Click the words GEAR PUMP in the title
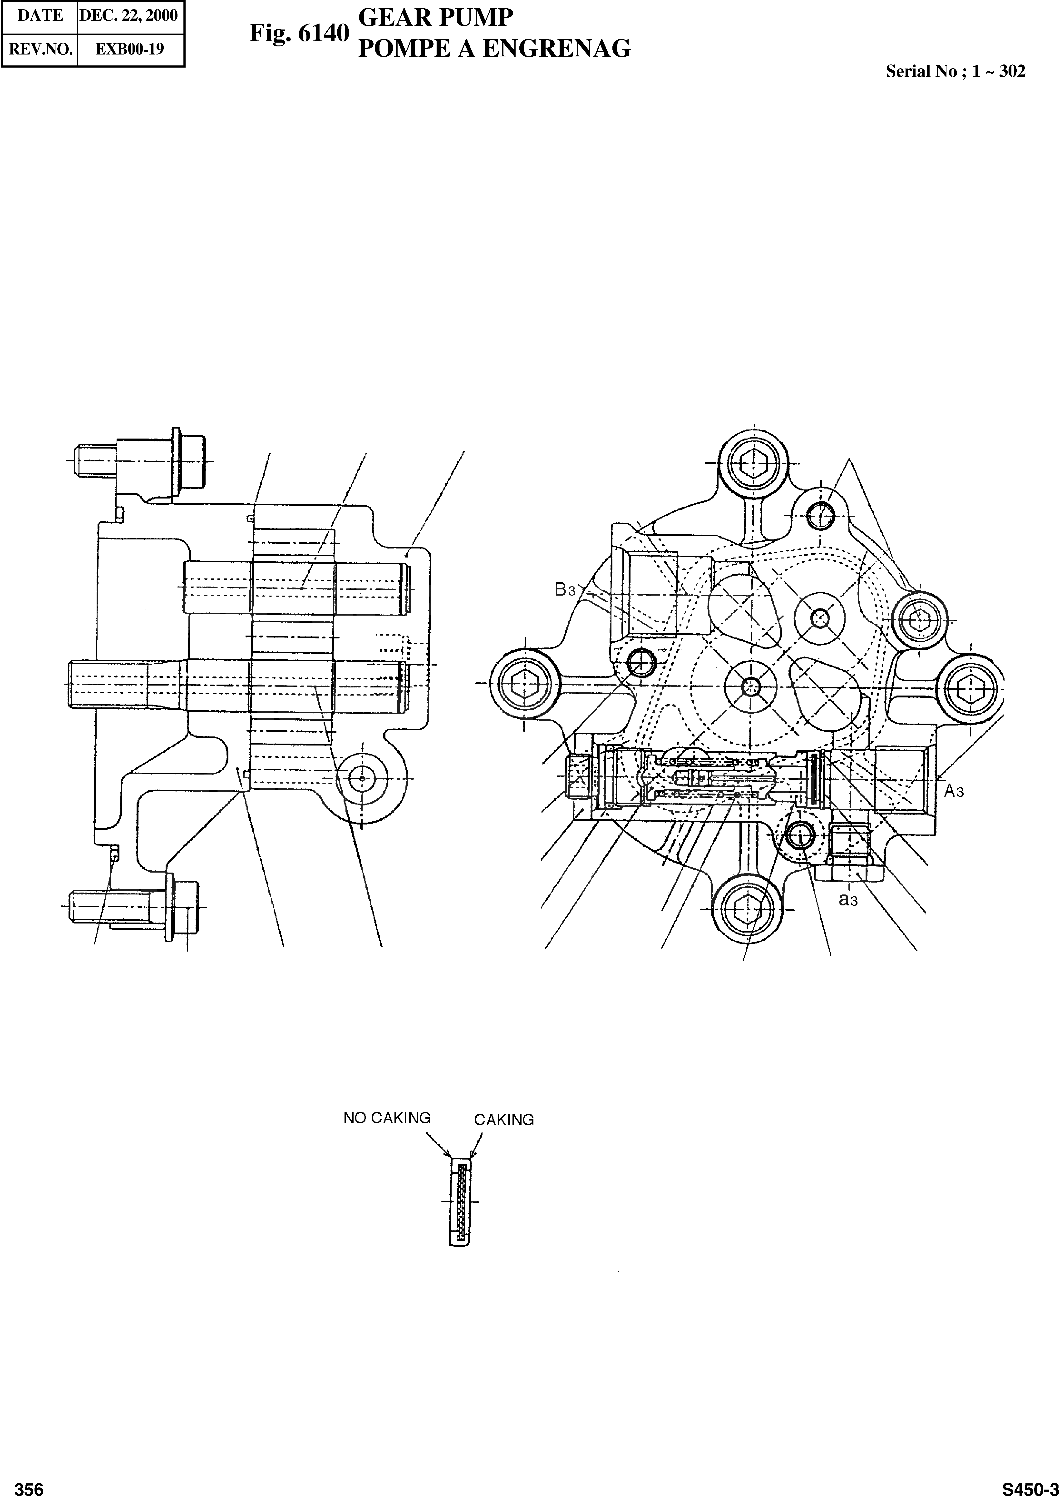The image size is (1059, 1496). click(436, 18)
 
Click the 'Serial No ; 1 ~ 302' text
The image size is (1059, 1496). click(955, 72)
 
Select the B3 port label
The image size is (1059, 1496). click(565, 590)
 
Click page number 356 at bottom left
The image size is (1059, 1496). click(29, 1484)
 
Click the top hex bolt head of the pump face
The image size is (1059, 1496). click(753, 464)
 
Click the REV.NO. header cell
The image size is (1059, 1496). click(40, 49)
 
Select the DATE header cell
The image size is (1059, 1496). click(40, 16)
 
